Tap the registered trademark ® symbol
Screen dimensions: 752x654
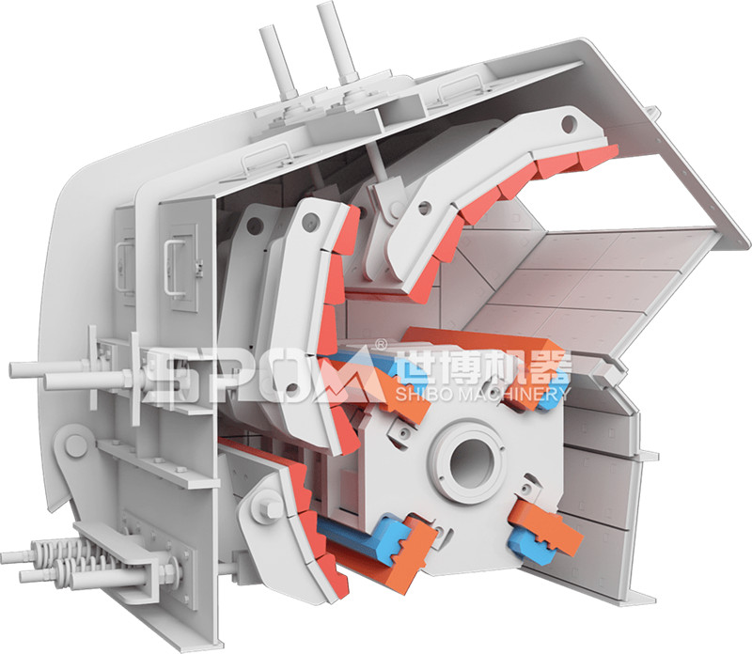pos(380,344)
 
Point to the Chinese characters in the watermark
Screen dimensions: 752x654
pos(483,367)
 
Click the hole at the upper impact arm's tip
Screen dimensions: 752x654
pos(569,125)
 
